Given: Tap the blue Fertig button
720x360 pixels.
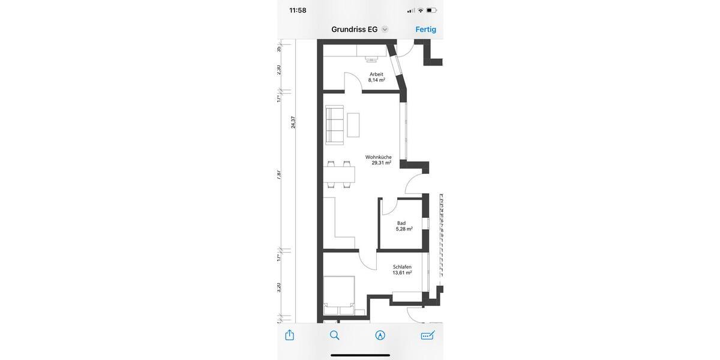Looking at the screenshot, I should point(425,29).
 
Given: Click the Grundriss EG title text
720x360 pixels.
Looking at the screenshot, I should point(354,29).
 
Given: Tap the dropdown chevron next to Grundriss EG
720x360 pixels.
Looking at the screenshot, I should point(385,29).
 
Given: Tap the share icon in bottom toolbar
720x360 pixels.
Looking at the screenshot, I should point(290,335).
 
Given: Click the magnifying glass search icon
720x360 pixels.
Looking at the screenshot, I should point(335,335).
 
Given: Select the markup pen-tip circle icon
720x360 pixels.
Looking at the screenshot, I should point(380,335).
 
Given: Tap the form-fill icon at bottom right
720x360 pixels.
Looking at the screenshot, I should point(427,335).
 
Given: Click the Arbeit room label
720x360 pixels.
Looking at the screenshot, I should point(376,74).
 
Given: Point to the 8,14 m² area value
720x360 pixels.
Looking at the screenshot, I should point(376,80).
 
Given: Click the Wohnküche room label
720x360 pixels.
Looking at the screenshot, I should point(378,157).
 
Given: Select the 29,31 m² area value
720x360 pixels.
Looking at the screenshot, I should point(381,163).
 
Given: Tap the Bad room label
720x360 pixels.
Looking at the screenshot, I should point(401,223).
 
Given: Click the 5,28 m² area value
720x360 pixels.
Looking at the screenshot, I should point(404,229).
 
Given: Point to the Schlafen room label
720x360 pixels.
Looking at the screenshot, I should point(402,267).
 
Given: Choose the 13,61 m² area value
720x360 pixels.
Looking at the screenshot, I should point(402,273).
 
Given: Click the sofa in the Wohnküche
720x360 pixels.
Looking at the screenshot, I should point(334,125).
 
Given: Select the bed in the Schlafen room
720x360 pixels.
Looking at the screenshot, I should point(340,295).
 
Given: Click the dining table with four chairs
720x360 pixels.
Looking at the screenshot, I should point(339,174).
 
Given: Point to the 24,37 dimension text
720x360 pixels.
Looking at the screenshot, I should point(293,122).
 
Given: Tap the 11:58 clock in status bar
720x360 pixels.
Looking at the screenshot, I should point(298,10).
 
